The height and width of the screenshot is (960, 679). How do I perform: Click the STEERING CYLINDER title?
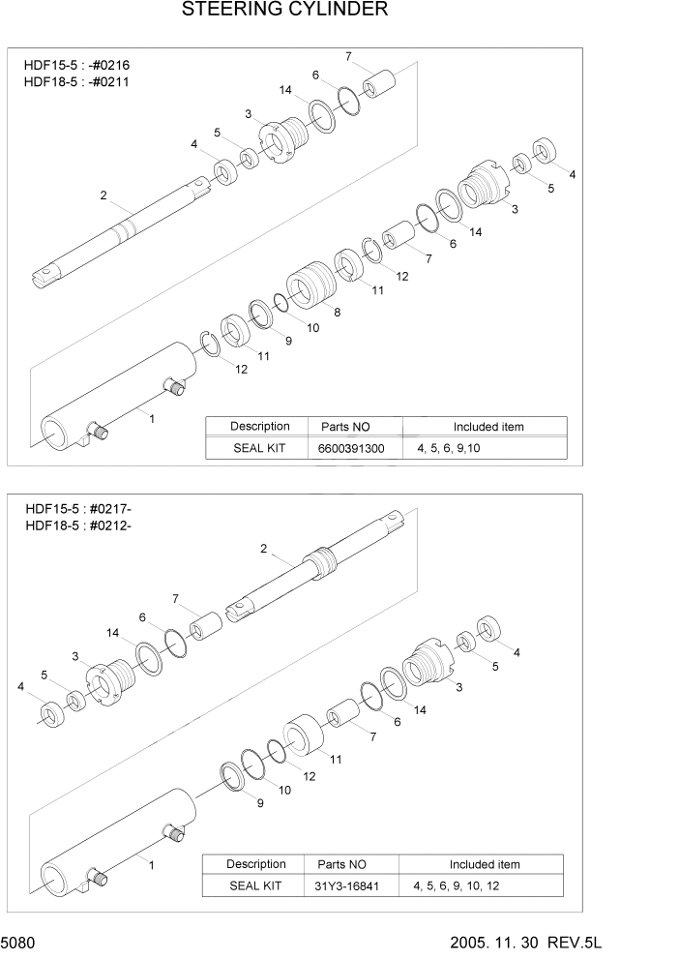tap(284, 11)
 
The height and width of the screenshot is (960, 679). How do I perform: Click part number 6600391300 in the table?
tap(351, 449)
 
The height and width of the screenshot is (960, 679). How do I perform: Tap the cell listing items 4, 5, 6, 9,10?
tap(460, 449)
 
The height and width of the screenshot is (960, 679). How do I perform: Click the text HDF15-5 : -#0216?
tap(76, 65)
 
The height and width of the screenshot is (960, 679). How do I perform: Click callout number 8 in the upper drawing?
tap(337, 312)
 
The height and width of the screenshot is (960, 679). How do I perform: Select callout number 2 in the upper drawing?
tap(103, 196)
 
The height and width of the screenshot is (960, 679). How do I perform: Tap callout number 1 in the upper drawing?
tap(151, 417)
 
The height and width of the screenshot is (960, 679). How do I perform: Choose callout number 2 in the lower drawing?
tap(263, 549)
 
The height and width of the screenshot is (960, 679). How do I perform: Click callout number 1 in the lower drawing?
tap(149, 859)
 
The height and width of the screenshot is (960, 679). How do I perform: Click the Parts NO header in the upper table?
tap(339, 427)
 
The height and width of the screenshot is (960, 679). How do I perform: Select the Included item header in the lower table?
tap(484, 864)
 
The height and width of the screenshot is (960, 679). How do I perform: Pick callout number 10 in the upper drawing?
tap(312, 329)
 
